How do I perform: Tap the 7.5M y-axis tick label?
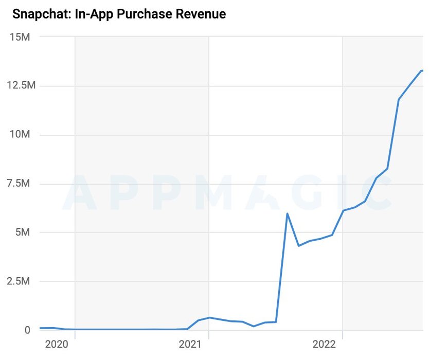pos(20,184)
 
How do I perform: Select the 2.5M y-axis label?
pos(20,281)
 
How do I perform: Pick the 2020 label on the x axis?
pos(57,344)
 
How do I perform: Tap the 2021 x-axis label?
pos(190,344)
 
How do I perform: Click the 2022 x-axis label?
pos(325,344)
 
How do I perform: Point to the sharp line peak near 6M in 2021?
pos(287,213)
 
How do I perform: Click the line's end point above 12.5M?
pos(422,70)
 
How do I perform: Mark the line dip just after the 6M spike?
pos(298,246)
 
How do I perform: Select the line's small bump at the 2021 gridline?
pos(209,317)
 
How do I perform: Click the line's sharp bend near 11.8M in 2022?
pos(399,99)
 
